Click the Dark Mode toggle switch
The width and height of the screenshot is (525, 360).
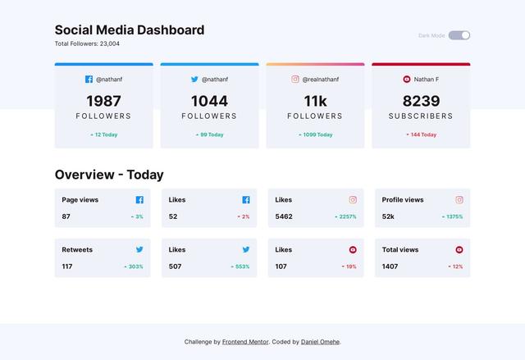click(459, 35)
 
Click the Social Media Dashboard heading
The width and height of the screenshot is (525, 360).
click(130, 30)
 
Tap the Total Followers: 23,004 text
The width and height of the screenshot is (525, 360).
click(87, 43)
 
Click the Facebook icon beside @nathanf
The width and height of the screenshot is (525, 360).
click(89, 80)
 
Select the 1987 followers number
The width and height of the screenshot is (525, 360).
click(103, 101)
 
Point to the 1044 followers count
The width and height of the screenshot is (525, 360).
click(209, 101)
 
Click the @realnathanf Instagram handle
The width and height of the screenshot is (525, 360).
click(321, 80)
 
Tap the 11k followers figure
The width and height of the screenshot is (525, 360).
click(315, 101)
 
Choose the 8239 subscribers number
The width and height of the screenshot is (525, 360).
click(421, 101)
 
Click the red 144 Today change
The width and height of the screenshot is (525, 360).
click(422, 134)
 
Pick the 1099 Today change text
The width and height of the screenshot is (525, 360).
click(316, 134)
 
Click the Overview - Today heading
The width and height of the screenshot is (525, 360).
click(109, 175)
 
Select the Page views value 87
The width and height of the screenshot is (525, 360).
click(66, 216)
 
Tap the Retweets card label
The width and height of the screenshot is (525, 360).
click(77, 249)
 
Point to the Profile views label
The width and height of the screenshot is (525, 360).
click(403, 199)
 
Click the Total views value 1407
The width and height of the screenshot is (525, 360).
click(390, 267)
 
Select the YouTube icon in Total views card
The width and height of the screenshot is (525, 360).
click(459, 249)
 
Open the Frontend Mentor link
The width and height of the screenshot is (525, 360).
click(245, 342)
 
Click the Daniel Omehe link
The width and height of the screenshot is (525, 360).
click(320, 342)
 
